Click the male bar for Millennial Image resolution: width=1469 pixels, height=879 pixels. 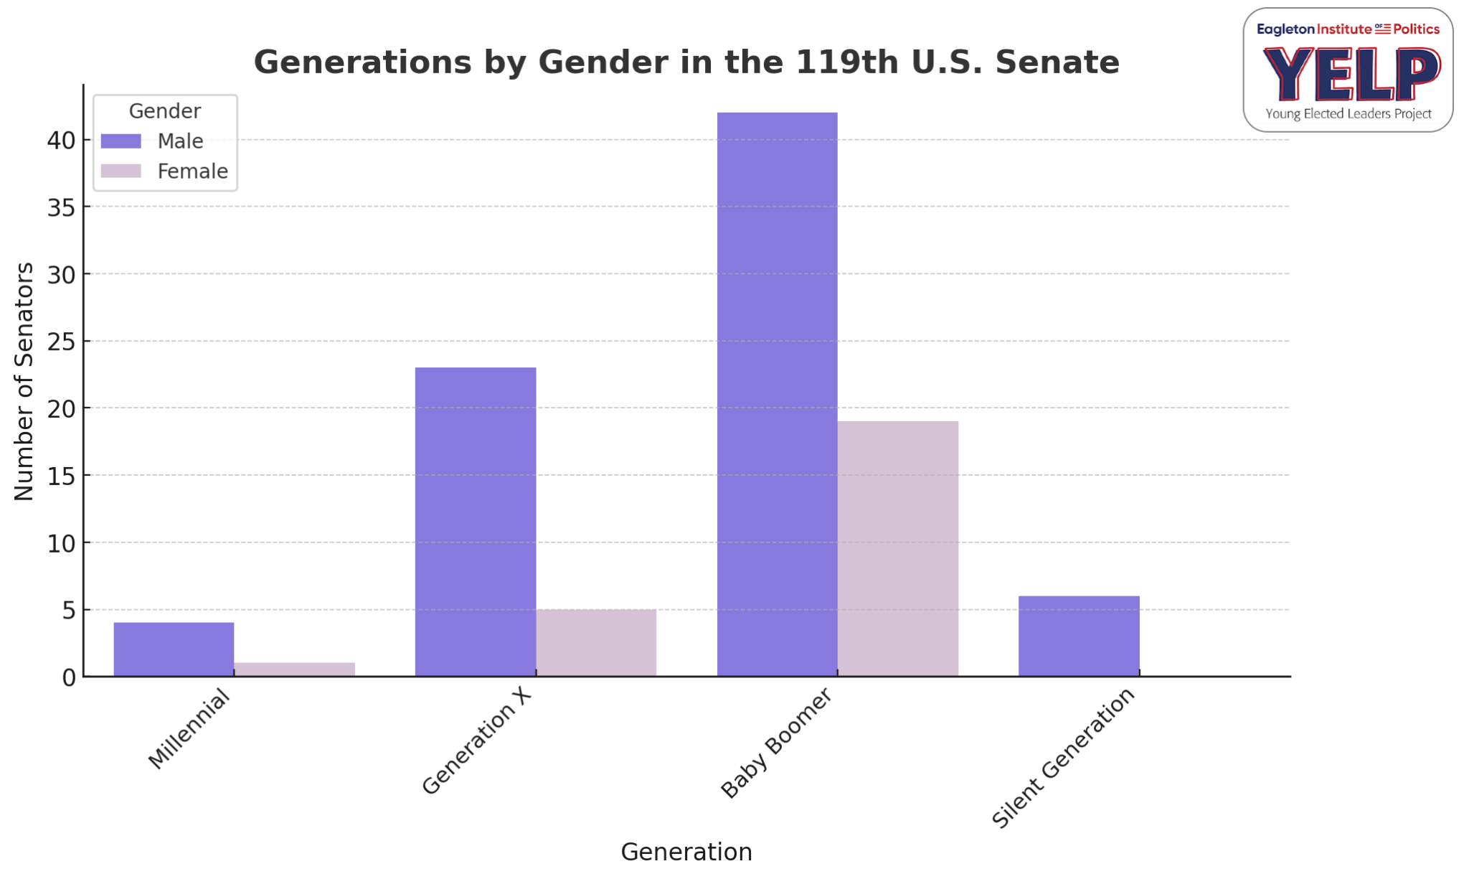(x=174, y=649)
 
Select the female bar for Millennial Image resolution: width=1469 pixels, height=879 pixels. (x=294, y=669)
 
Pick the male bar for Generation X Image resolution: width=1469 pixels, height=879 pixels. (x=476, y=522)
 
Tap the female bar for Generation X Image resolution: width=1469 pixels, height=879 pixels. (x=596, y=643)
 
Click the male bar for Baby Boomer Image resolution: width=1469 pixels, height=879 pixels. (x=777, y=394)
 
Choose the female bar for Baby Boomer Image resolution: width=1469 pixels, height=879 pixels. (x=897, y=549)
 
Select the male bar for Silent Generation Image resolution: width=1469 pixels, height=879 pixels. (x=1079, y=636)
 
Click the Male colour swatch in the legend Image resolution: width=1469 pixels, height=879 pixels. (x=121, y=141)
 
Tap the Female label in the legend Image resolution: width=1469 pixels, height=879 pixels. (x=192, y=171)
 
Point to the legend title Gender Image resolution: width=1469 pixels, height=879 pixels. (x=164, y=111)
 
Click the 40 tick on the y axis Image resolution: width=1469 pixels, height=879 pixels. (x=62, y=141)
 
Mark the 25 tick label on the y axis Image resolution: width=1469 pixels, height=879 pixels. (x=62, y=342)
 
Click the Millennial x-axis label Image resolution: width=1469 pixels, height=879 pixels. (x=189, y=729)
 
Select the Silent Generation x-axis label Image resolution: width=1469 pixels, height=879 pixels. (x=1064, y=758)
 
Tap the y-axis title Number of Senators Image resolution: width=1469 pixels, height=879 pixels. (x=24, y=381)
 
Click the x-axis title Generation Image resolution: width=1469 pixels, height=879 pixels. (x=686, y=852)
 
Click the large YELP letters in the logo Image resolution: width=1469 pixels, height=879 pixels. (x=1351, y=74)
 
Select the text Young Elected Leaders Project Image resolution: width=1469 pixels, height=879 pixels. (x=1348, y=114)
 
